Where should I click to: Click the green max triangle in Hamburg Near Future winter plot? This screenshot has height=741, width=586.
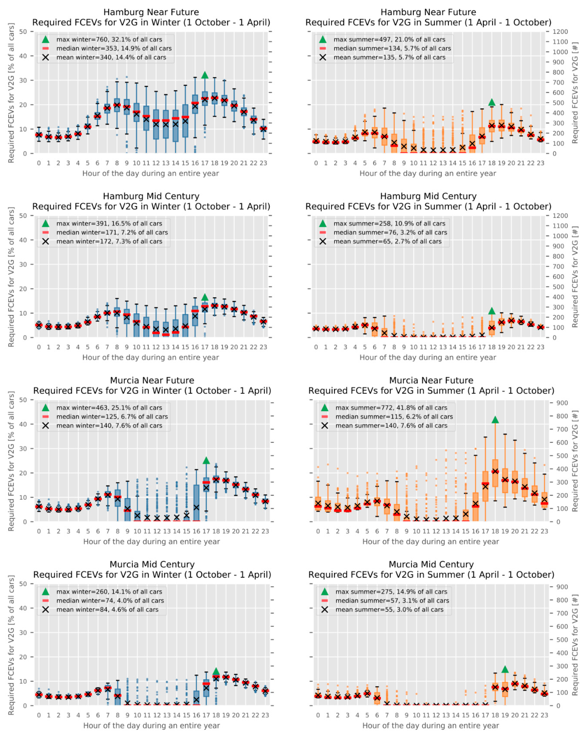pos(205,75)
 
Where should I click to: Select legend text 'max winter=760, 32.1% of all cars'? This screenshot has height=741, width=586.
pos(109,39)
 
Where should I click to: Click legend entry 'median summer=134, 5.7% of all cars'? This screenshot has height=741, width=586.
pos(392,48)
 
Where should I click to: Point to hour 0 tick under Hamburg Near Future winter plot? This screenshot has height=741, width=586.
pos(39,163)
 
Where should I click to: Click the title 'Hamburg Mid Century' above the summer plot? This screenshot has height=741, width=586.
pos(428,196)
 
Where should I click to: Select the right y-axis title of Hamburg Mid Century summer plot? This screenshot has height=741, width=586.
pos(575,276)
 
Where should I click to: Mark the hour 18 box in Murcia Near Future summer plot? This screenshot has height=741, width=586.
pos(495,473)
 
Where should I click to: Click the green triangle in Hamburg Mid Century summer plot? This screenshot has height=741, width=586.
pos(492,311)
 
